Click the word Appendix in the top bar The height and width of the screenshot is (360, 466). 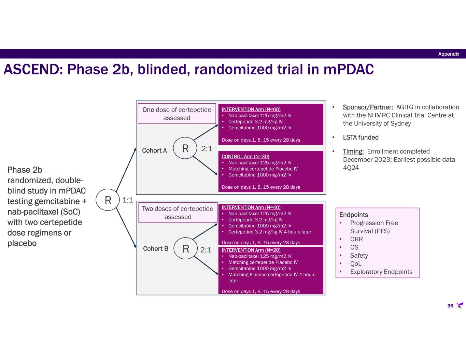(x=449, y=54)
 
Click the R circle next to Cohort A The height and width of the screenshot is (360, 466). (x=185, y=148)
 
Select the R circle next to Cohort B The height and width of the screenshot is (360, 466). (x=186, y=249)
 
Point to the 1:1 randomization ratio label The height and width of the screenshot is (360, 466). (x=128, y=200)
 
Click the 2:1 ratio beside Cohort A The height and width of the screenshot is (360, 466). (x=207, y=149)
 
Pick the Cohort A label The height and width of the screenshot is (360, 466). (x=154, y=150)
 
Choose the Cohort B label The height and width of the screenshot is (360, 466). (x=156, y=249)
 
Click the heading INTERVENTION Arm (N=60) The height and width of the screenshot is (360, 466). (x=251, y=110)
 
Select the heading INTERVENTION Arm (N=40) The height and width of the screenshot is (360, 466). (x=251, y=207)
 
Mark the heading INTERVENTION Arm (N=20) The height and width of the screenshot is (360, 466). (x=251, y=250)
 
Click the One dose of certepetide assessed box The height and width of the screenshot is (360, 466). (x=177, y=114)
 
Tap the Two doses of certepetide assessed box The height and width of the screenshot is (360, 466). (x=178, y=213)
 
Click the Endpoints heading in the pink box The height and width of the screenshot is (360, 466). (x=354, y=215)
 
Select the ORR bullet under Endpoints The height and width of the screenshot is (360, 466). (x=356, y=239)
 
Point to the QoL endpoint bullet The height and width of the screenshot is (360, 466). (x=356, y=264)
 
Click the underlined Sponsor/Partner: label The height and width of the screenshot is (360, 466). (x=368, y=107)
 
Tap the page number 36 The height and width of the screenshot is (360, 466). (x=450, y=306)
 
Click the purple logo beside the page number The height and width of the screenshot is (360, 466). (x=460, y=305)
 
